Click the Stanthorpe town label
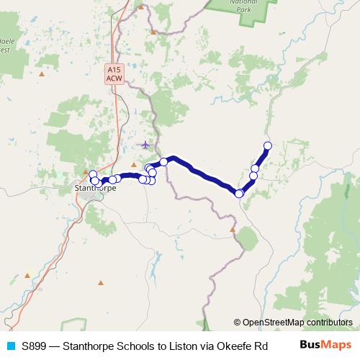tap(96, 189)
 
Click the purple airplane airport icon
tap(145, 145)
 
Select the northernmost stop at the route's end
tap(268, 145)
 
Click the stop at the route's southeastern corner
tap(239, 193)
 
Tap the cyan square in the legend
tap(10, 346)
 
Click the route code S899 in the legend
tap(36, 346)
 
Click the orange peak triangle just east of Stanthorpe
tap(134, 163)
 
